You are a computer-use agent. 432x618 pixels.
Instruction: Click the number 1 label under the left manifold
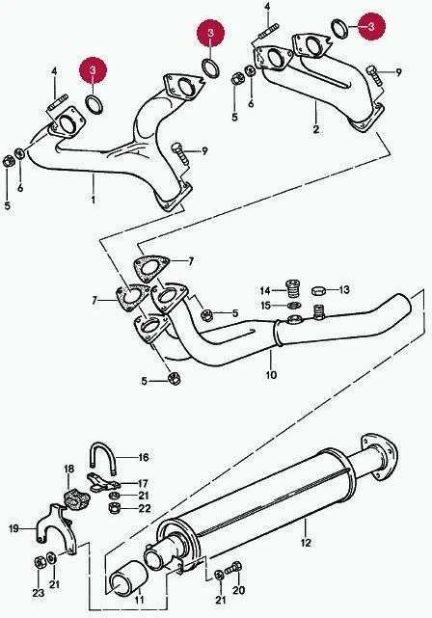[94, 200]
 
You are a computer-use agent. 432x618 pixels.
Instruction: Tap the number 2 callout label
[316, 129]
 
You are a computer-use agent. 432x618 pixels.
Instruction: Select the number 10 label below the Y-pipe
[271, 374]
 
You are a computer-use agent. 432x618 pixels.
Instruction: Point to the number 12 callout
[306, 543]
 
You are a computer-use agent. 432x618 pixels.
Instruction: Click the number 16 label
[144, 457]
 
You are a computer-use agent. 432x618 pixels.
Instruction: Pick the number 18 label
[68, 469]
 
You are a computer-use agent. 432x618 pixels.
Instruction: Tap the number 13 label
[344, 290]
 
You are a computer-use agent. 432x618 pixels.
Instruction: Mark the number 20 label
[239, 590]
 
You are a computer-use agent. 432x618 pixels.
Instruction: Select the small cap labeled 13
[318, 291]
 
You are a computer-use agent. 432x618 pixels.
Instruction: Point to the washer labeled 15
[293, 306]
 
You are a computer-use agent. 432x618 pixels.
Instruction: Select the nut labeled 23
[40, 562]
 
